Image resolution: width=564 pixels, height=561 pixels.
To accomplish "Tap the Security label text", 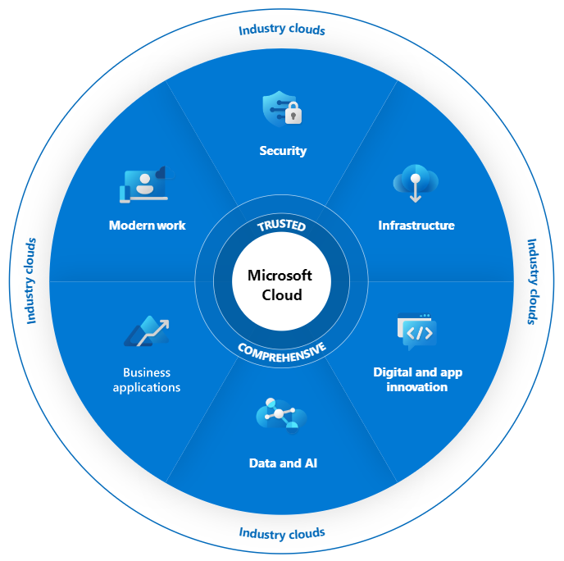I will pos(282,151).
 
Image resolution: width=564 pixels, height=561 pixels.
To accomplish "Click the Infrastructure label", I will pos(416,226).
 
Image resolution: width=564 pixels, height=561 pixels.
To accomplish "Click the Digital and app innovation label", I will pos(417,380).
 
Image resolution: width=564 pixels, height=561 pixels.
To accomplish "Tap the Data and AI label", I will pos(283,463).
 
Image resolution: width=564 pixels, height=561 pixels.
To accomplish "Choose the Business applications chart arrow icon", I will pos(147,331).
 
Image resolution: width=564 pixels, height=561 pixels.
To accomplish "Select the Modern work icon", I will pos(144,185).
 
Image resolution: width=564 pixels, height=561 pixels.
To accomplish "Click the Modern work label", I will pos(148,226).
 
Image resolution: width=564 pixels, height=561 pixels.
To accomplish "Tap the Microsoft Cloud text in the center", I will pos(281,285).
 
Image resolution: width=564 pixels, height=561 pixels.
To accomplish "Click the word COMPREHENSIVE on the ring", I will pos(282,348).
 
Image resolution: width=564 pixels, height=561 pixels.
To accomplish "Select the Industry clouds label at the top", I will pos(282,30).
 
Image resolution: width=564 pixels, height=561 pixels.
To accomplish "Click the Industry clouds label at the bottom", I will pos(282,533).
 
